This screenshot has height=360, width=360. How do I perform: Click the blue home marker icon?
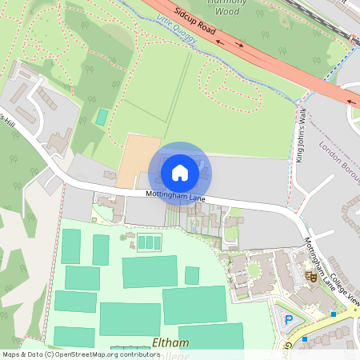click(180, 172)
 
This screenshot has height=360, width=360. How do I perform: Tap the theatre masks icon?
click(310, 276)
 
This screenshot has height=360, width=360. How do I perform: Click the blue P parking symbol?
click(289, 320)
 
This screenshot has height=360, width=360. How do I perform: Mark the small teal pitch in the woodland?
click(102, 117)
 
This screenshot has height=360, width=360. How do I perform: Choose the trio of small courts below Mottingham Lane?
click(146, 242)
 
